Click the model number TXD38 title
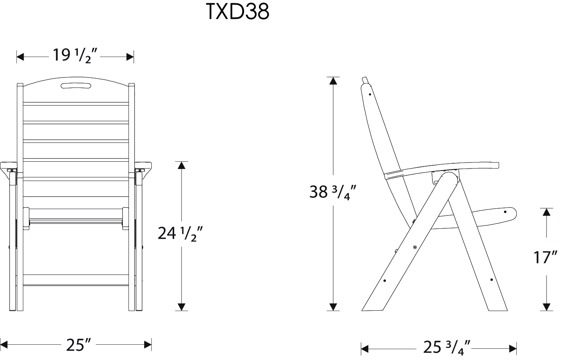point(237,12)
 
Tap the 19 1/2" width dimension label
point(75,56)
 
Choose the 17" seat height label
point(545,257)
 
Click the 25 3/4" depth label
point(446,348)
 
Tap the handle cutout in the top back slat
point(75,85)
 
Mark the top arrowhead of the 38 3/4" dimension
point(332,80)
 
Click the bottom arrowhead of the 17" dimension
point(546,307)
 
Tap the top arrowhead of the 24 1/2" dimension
point(182,165)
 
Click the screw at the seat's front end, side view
point(506,212)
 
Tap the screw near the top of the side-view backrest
point(369,95)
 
